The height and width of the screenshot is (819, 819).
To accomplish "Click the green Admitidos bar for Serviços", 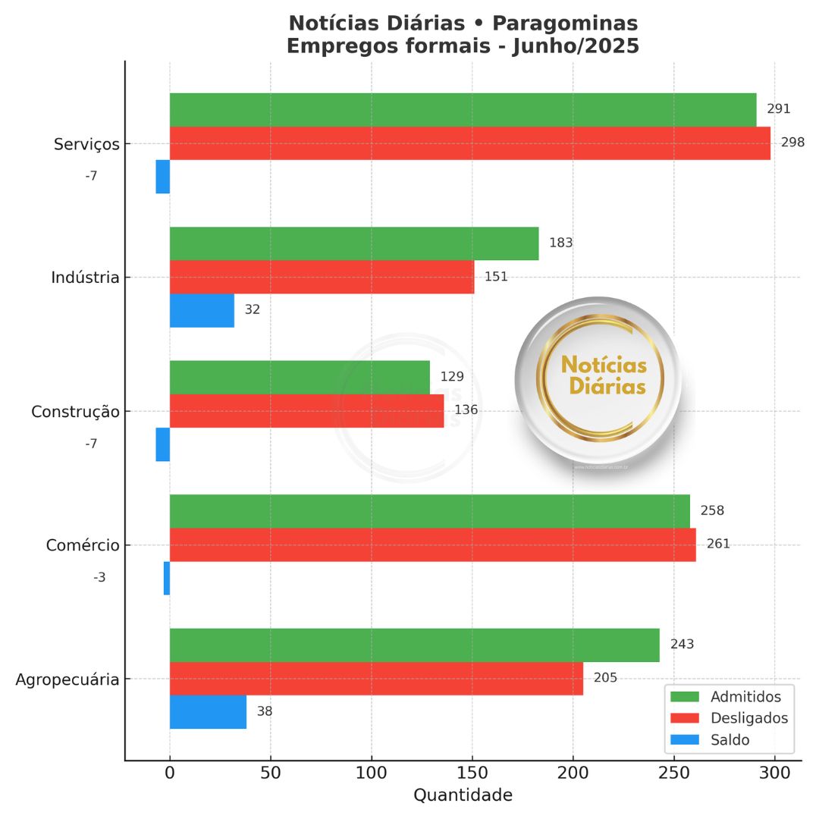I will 463,109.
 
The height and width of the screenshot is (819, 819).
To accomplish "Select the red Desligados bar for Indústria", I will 322,277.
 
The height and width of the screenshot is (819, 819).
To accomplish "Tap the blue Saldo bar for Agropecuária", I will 208,712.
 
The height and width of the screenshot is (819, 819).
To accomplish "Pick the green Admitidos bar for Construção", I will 300,377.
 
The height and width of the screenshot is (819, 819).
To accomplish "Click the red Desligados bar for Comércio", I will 432,544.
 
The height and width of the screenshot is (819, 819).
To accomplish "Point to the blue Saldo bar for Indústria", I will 202,310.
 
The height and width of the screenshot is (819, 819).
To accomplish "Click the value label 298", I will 792,143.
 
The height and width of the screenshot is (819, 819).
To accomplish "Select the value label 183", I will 560,243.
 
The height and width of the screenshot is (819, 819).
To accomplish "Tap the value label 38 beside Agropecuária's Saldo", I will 264,712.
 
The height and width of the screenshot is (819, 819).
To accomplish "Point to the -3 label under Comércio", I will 99,578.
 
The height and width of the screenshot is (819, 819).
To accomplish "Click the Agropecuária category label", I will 67,679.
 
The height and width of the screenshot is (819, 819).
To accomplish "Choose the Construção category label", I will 75,412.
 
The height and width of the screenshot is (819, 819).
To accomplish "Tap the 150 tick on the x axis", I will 472,773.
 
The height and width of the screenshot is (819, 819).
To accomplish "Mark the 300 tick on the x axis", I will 774,773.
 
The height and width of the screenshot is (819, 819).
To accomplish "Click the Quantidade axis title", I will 463,795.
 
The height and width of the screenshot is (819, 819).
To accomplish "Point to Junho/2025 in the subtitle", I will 576,46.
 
